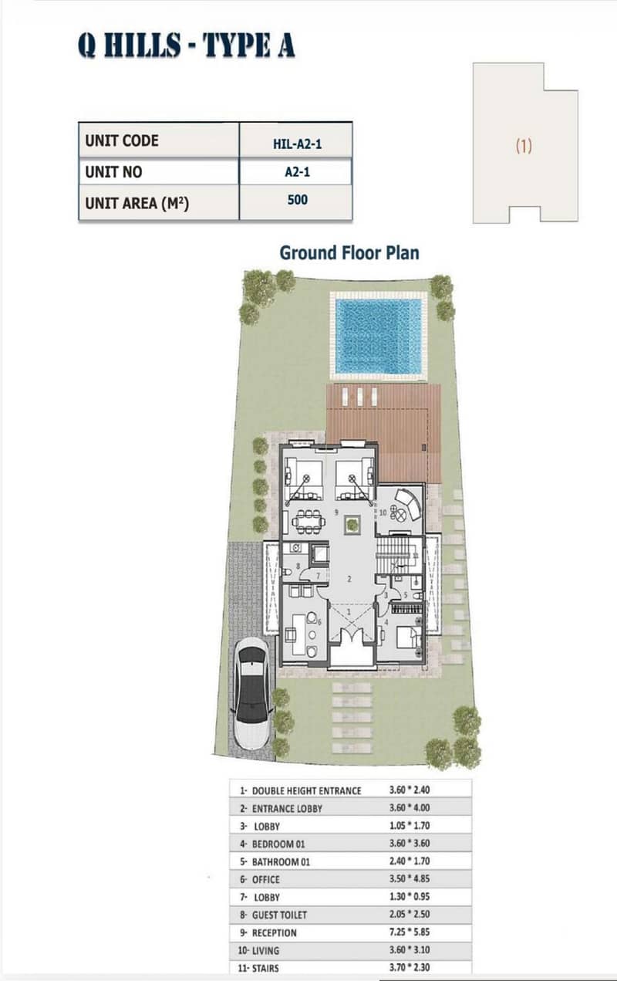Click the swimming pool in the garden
[378, 336]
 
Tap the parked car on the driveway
[251, 695]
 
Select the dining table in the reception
[309, 522]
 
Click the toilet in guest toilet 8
[287, 573]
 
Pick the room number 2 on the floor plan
[349, 579]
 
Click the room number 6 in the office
[319, 621]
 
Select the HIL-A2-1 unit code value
[297, 144]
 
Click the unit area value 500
[298, 200]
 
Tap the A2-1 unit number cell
[298, 171]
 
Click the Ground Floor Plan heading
[349, 252]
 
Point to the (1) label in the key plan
[524, 145]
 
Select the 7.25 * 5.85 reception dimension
[410, 932]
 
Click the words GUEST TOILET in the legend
[279, 915]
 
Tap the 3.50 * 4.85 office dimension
[410, 878]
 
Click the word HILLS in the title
[143, 45]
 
